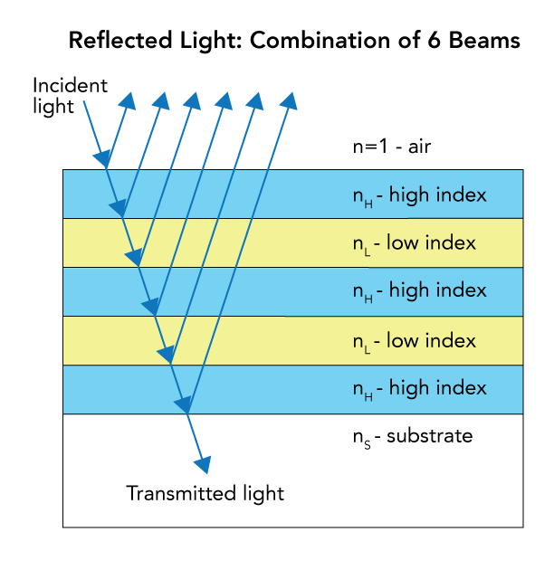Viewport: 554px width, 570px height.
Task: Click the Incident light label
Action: click(x=70, y=96)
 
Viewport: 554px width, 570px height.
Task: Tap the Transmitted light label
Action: click(x=205, y=494)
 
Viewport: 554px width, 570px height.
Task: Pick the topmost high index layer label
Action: click(x=419, y=195)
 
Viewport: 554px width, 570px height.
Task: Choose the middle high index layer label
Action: click(x=419, y=290)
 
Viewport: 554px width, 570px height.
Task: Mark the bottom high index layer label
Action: click(x=419, y=388)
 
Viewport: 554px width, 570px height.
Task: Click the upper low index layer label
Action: click(x=414, y=242)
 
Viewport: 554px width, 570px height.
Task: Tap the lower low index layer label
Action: click(x=414, y=340)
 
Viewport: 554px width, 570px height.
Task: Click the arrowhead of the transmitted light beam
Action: click(x=205, y=464)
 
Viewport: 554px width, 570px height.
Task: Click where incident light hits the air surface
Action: click(x=107, y=169)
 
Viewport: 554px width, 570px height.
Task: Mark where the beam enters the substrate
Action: click(x=187, y=413)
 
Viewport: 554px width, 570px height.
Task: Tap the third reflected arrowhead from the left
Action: click(x=194, y=100)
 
